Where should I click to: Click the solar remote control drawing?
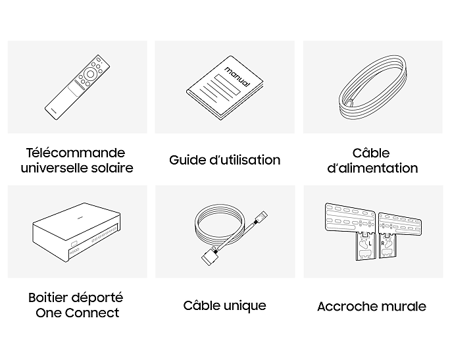click(x=77, y=88)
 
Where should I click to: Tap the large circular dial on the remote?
click(x=90, y=74)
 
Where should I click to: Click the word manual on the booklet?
click(x=237, y=76)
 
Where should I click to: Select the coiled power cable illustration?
click(x=373, y=89)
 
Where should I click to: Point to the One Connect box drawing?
click(x=76, y=232)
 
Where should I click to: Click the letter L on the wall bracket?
click(x=370, y=244)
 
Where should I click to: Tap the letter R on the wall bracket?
click(x=382, y=244)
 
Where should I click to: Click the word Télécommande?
click(x=76, y=153)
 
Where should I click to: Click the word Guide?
click(x=187, y=160)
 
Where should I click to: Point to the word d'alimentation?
click(x=372, y=168)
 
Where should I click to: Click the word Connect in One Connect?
click(x=92, y=313)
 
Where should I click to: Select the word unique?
click(x=245, y=306)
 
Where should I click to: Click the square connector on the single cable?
click(x=209, y=258)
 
